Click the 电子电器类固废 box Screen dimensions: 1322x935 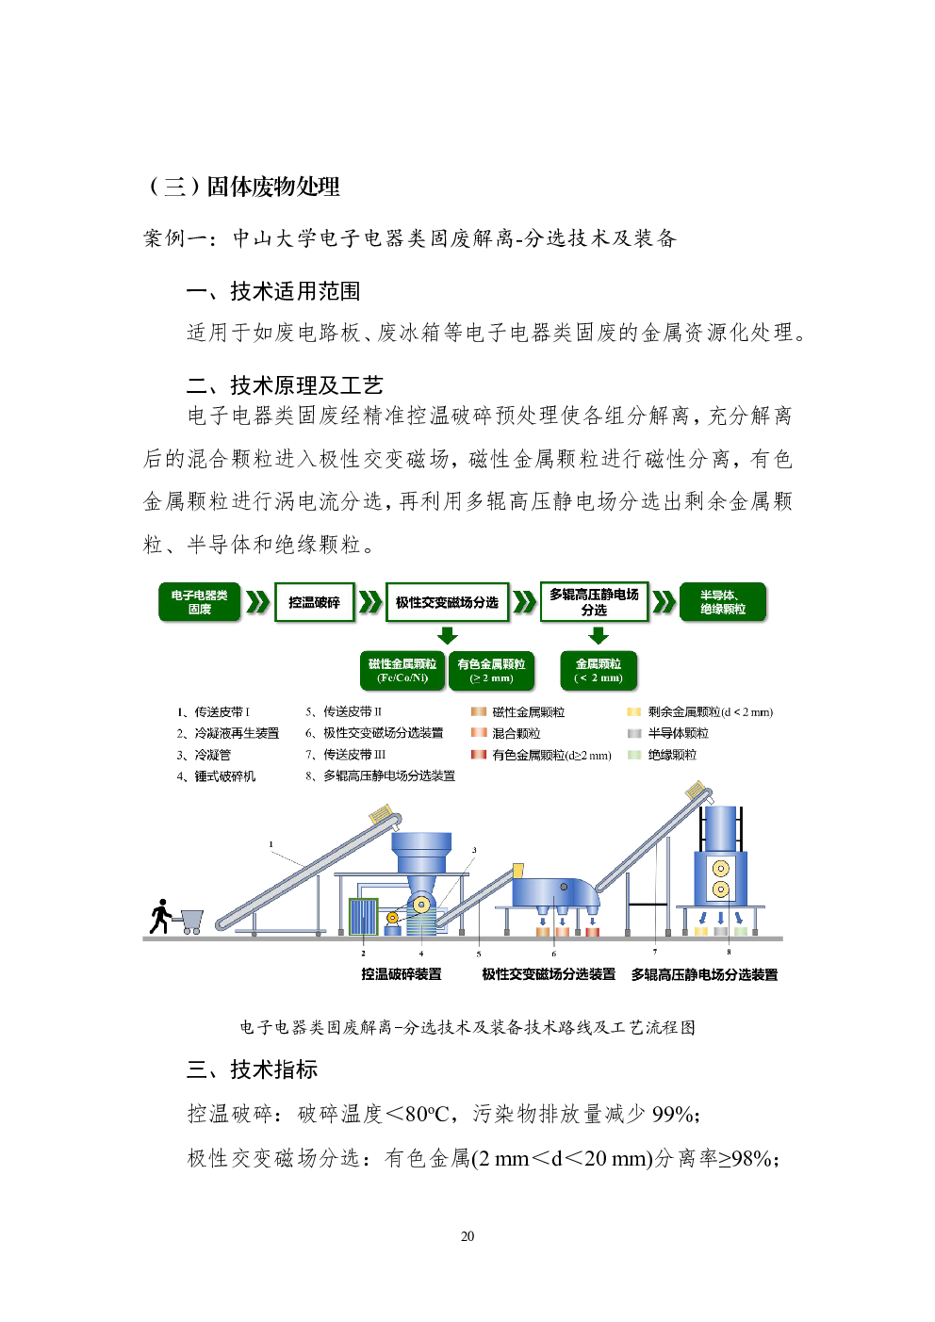click(x=199, y=602)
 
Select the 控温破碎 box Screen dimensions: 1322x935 click(x=314, y=602)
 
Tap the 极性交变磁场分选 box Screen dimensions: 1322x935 click(x=447, y=602)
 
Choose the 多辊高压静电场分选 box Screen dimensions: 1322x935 click(x=594, y=602)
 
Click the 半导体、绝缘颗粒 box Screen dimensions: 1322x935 click(x=723, y=602)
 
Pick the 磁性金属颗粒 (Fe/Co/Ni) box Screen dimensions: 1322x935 click(x=402, y=671)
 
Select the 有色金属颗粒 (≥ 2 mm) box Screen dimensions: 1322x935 click(x=491, y=671)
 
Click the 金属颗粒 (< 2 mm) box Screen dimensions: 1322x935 click(x=599, y=671)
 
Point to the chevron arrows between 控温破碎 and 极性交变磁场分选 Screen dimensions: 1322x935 click(x=369, y=602)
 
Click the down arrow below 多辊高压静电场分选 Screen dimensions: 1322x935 click(x=598, y=635)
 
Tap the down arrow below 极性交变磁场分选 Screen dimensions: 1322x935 click(x=448, y=635)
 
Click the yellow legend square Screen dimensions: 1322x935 click(x=634, y=711)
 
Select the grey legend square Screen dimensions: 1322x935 click(x=634, y=733)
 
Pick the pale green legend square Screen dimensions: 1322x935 click(x=634, y=755)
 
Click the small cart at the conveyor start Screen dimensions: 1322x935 click(x=190, y=920)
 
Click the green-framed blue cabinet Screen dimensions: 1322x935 click(x=363, y=916)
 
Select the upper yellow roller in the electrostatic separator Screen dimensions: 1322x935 click(x=720, y=868)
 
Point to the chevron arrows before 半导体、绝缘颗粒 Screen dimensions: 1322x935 click(x=664, y=602)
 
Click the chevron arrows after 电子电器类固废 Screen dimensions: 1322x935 click(x=257, y=602)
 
